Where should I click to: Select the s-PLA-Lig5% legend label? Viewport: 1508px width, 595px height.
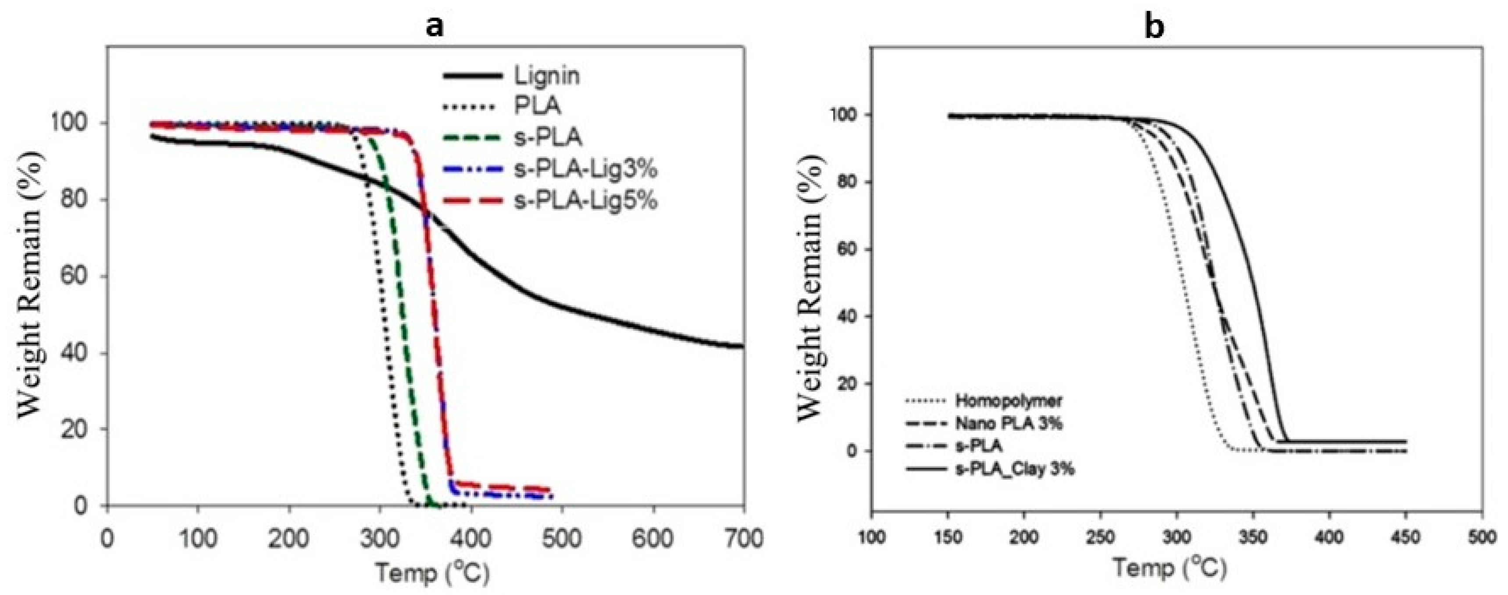(585, 201)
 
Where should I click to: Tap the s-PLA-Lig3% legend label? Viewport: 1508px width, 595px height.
(585, 170)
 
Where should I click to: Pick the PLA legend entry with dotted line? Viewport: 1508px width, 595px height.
(536, 107)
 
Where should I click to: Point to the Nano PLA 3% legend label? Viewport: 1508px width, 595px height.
(1009, 424)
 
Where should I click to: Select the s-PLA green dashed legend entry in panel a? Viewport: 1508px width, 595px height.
(547, 138)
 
